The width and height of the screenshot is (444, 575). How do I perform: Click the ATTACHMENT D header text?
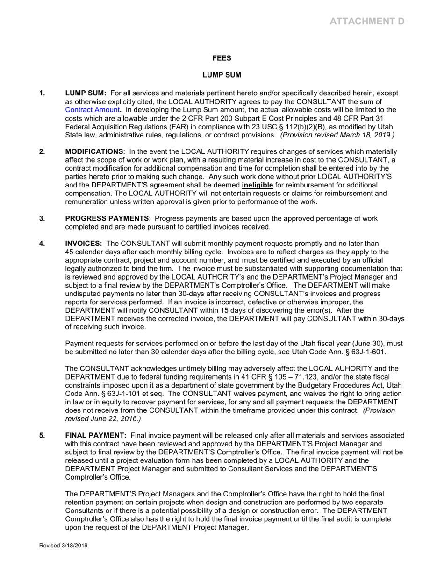pyautogui.click(x=367, y=21)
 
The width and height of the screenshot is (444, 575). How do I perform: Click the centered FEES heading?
pyautogui.click(x=222, y=59)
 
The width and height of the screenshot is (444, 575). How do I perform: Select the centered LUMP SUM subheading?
pyautogui.click(x=222, y=75)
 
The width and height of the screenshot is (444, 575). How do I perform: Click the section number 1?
pyautogui.click(x=42, y=93)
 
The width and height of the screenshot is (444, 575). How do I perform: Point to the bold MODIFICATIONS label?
pyautogui.click(x=94, y=151)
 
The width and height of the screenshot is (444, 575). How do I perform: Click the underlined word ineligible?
pyautogui.click(x=257, y=185)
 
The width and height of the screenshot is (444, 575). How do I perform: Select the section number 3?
pyautogui.click(x=42, y=218)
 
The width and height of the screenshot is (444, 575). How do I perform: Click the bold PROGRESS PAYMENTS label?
pyautogui.click(x=107, y=218)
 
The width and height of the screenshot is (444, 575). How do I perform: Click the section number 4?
pyautogui.click(x=42, y=244)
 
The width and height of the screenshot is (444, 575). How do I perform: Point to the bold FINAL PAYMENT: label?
pyautogui.click(x=95, y=435)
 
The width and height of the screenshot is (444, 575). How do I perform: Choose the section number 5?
pyautogui.click(x=42, y=435)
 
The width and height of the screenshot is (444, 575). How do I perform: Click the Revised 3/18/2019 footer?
pyautogui.click(x=63, y=546)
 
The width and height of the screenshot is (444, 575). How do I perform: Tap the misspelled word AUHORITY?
pyautogui.click(x=357, y=368)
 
